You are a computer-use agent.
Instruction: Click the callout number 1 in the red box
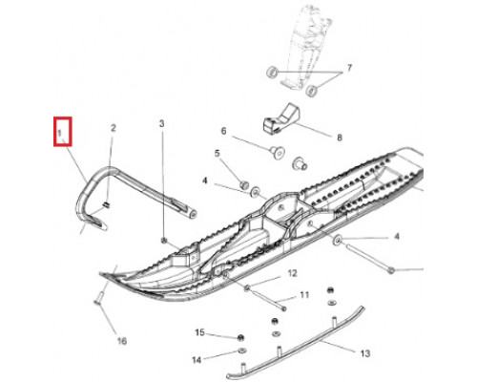point(59,133)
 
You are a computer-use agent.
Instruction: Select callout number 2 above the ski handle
point(114,128)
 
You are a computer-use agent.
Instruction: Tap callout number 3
point(162,123)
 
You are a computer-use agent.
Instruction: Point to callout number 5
point(218,153)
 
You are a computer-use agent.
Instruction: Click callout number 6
point(223,131)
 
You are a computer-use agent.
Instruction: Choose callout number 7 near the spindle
point(349,68)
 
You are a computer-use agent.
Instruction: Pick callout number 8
point(340,138)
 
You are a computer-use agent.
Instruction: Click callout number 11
point(304,295)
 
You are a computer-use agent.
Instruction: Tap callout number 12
point(292,273)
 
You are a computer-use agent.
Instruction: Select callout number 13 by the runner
point(365,353)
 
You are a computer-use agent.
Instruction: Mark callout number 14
point(197,360)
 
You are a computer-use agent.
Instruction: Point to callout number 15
point(199,332)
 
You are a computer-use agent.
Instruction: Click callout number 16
point(122,341)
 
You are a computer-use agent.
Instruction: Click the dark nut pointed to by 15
point(240,337)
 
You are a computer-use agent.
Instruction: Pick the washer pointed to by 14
point(241,351)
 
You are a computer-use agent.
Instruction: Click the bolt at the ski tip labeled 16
point(98,299)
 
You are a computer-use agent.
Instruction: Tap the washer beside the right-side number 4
point(337,240)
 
